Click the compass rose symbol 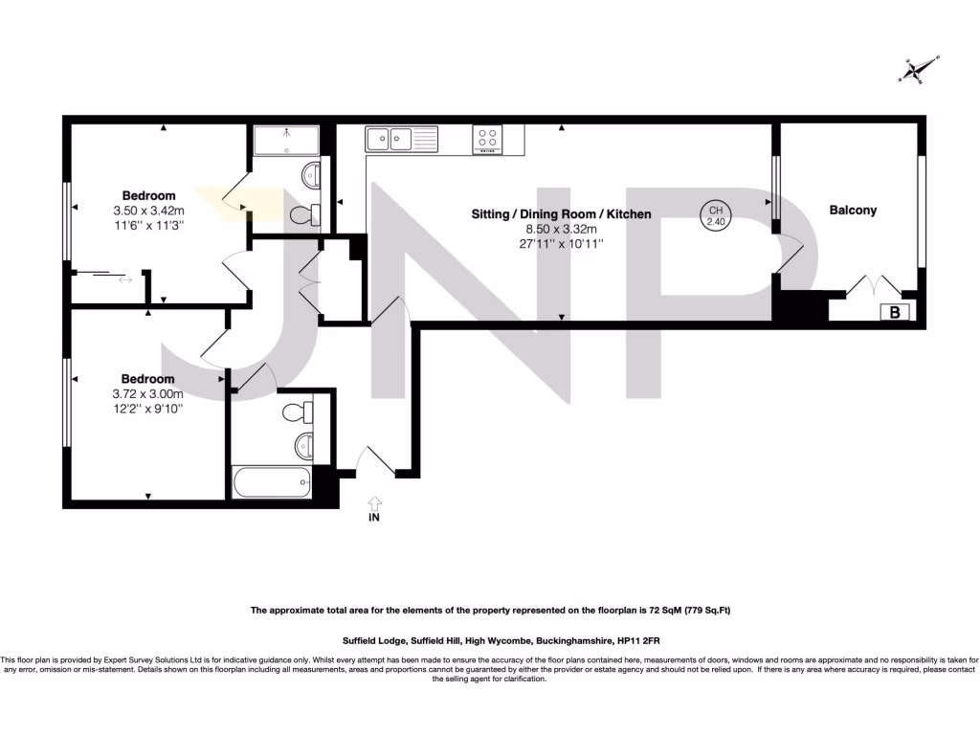click(x=916, y=69)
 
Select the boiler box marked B click(x=895, y=311)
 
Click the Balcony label click(x=853, y=210)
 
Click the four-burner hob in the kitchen click(x=488, y=140)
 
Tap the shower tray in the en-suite click(x=287, y=140)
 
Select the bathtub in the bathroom click(x=272, y=482)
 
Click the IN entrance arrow click(x=373, y=502)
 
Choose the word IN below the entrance click(x=373, y=519)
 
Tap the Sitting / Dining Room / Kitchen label click(x=561, y=214)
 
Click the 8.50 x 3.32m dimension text click(x=561, y=230)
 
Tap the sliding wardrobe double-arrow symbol click(x=125, y=280)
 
